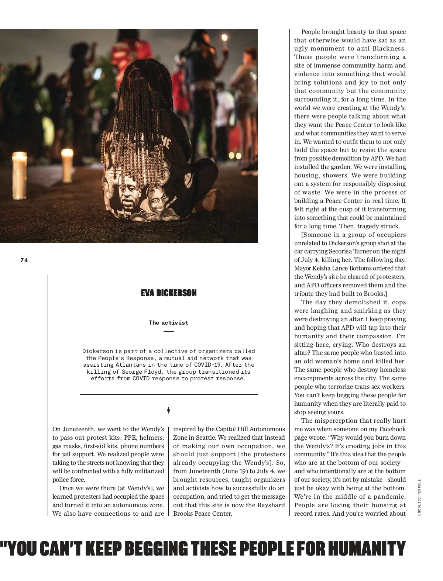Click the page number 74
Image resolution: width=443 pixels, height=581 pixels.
(x=24, y=260)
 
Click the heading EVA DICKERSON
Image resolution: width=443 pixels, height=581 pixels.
(x=169, y=293)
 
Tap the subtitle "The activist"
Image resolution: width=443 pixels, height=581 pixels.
(x=168, y=323)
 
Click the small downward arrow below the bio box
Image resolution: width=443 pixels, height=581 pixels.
(x=168, y=411)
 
